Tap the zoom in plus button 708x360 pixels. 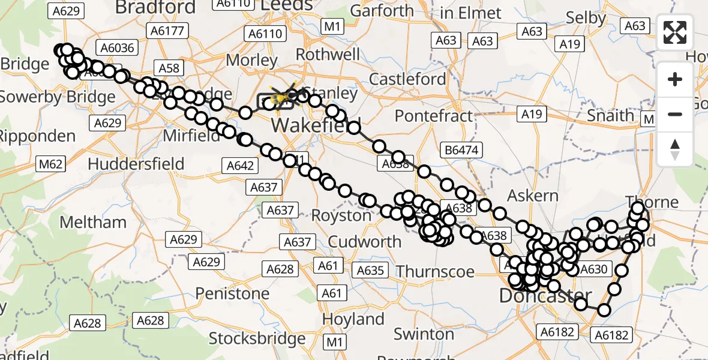click(675, 79)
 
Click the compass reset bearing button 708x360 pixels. click(675, 149)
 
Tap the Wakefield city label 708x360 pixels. click(316, 126)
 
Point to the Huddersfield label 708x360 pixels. click(136, 163)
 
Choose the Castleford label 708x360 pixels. click(407, 79)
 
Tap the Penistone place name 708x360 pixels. click(232, 293)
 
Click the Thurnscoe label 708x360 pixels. click(435, 271)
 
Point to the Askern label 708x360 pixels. click(532, 196)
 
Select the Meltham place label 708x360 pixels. click(93, 222)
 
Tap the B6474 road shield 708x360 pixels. click(461, 149)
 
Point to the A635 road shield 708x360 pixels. click(370, 270)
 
